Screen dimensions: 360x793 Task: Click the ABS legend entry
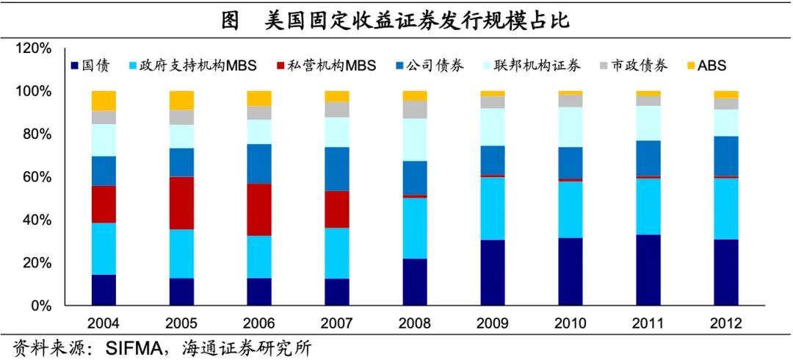[x=710, y=66]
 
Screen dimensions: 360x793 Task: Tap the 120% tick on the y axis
[x=34, y=48]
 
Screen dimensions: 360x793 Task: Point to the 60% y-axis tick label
[x=37, y=177]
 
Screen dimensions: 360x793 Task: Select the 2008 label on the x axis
[x=415, y=323]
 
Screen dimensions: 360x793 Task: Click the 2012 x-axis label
[x=726, y=323]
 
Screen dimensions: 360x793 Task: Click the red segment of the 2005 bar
[x=182, y=203]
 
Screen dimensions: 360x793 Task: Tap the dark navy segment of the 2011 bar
[x=648, y=270]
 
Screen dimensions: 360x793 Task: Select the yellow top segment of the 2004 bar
[x=104, y=101]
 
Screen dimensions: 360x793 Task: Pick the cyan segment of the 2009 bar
[x=493, y=209]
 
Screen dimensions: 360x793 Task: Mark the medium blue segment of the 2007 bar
[x=337, y=169]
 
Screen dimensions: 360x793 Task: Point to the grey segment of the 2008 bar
[x=415, y=109]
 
